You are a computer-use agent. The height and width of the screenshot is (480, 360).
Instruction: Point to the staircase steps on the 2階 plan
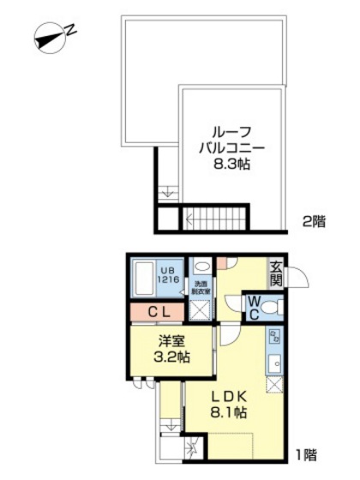(x=218, y=219)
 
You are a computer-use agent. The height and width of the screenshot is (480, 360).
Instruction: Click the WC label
(x=254, y=308)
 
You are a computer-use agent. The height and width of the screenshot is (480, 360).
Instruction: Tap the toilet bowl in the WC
(x=272, y=307)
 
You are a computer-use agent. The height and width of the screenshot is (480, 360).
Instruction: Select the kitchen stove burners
(x=274, y=336)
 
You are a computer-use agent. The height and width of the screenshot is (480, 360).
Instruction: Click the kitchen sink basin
(x=274, y=363)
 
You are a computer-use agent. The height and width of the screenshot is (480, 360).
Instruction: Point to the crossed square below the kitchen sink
(x=274, y=385)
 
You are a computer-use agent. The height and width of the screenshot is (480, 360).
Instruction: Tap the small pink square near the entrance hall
(x=221, y=262)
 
